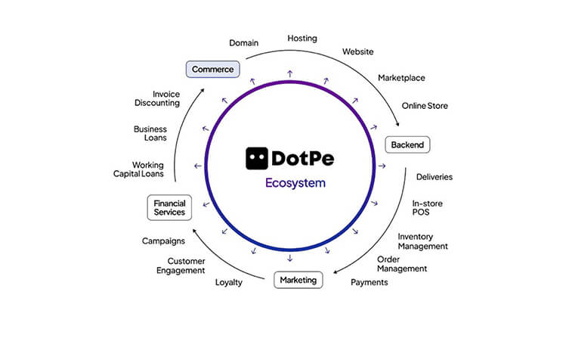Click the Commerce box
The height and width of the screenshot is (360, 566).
pos(212,70)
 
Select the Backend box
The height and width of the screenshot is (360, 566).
pos(407,144)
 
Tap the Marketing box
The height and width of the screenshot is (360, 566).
pos(298,280)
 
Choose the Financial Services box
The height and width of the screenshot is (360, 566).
pos(169,208)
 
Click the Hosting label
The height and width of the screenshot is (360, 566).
pos(302,38)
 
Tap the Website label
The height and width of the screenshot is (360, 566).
pos(358,51)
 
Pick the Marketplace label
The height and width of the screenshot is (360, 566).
pos(401,77)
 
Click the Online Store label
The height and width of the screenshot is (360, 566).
pos(425,106)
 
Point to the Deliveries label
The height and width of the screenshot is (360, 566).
pos(435,177)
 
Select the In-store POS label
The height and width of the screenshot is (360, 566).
pos(427,207)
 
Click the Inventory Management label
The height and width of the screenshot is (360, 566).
pos(423,241)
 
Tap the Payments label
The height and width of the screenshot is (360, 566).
pos(370,282)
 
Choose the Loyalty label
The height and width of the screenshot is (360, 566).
pos(229,282)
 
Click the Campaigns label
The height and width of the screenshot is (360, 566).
pos(164,241)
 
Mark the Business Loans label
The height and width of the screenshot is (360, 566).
pos(150,134)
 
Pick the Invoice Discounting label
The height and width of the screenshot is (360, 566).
pos(156,98)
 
